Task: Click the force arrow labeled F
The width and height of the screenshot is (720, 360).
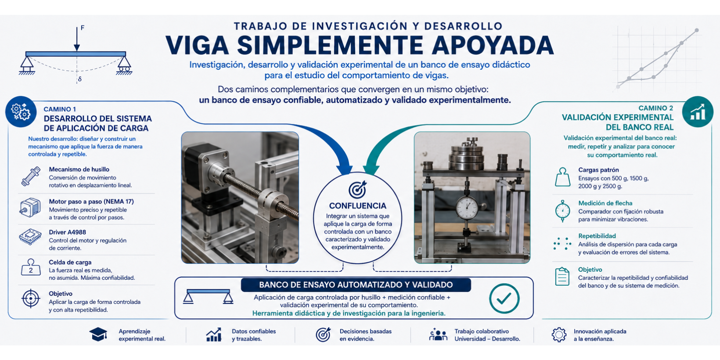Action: pos(77,39)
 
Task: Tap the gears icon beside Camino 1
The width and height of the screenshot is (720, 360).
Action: pos(21,112)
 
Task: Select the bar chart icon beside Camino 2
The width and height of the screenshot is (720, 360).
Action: pos(698,112)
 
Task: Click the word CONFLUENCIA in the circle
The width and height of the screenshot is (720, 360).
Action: pos(357,206)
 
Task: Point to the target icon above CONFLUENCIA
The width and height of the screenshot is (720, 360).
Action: pos(357,189)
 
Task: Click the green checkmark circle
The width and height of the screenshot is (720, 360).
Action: pos(504,298)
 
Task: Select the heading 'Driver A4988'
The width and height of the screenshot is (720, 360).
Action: pos(68,232)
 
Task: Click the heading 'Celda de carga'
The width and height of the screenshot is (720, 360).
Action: pos(70,262)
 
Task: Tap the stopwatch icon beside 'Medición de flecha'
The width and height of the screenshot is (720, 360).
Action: pos(562,211)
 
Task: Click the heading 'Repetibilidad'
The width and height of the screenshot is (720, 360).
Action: pos(597,236)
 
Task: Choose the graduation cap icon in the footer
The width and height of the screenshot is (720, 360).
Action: pos(98,334)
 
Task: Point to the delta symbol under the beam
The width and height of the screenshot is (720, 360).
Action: pos(80,79)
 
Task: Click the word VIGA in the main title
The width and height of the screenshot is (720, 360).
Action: pos(197,45)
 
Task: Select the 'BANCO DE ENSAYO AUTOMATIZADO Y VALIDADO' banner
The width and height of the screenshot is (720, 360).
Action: pos(356,285)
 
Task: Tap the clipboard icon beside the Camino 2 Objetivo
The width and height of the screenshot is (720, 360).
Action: pos(562,277)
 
